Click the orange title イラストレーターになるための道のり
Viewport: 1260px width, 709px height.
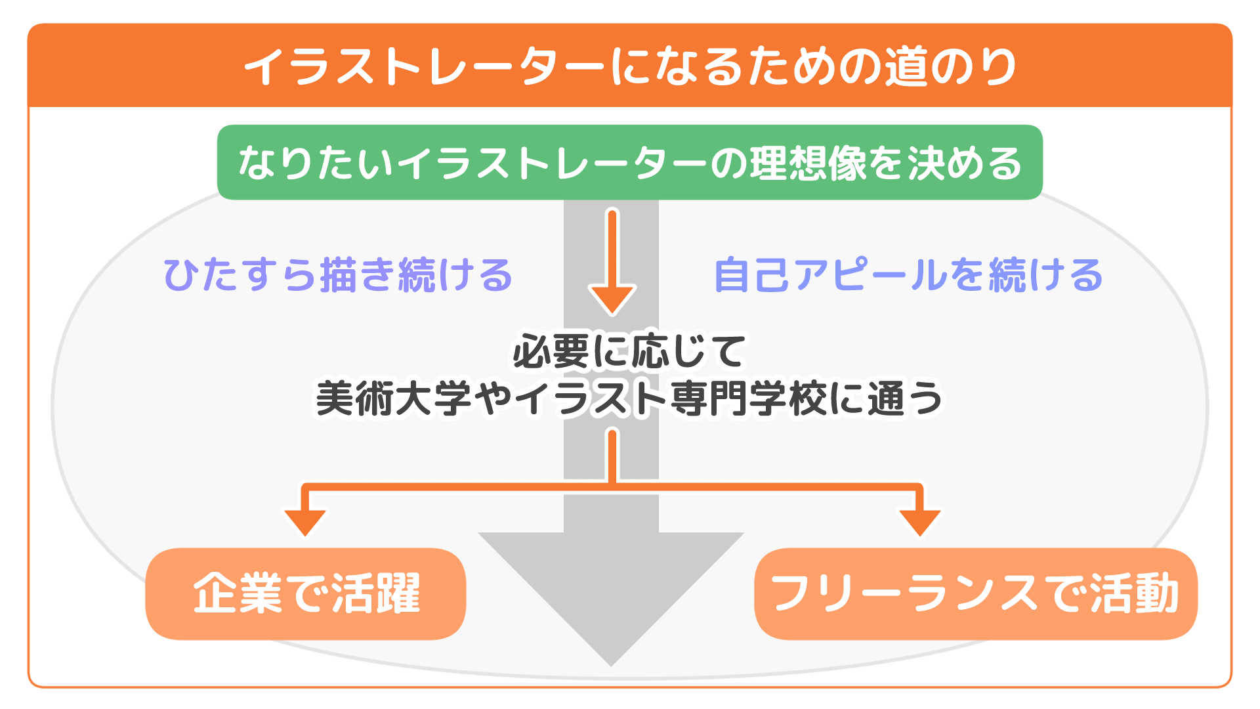pos(630,66)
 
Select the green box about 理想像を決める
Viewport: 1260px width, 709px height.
pos(630,163)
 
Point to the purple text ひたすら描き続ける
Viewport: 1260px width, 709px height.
pos(337,274)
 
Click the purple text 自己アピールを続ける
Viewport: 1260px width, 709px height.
pos(908,274)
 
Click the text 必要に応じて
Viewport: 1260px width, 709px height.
pos(629,351)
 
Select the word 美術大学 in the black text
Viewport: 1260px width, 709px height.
pos(394,398)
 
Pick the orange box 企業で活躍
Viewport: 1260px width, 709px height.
pos(306,593)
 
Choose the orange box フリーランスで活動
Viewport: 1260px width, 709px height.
pos(975,593)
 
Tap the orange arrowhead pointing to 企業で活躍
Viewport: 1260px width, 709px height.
pos(304,522)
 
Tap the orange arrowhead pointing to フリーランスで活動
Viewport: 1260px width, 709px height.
pos(919,522)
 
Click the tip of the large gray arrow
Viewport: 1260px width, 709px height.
pos(611,660)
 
